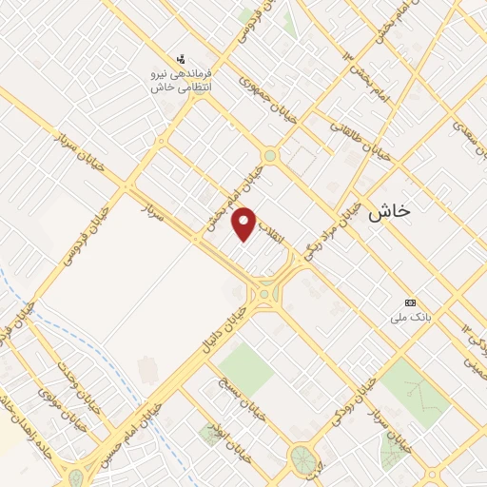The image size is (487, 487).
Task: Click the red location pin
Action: (245, 224)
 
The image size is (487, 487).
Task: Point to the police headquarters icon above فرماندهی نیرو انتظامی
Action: (182, 59)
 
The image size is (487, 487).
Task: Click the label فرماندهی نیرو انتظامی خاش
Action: (182, 80)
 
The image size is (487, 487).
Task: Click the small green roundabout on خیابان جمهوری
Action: (270, 155)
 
